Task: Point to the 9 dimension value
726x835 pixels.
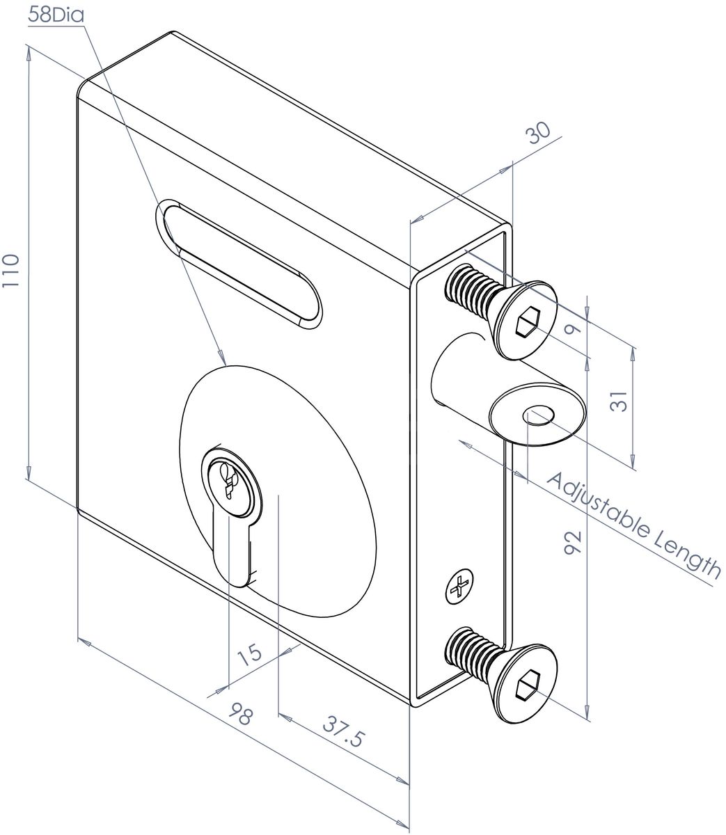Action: (x=574, y=328)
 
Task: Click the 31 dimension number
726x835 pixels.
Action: (x=618, y=402)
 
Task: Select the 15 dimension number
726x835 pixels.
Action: (x=248, y=655)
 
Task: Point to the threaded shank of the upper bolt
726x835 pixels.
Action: (x=470, y=292)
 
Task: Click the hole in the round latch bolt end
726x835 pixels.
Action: (x=538, y=416)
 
